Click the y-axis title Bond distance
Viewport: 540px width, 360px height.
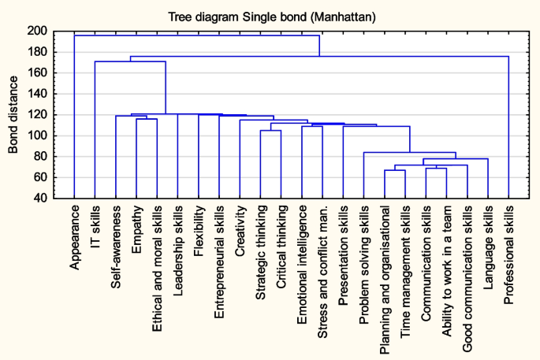point(13,115)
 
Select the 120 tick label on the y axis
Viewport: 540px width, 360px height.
point(37,115)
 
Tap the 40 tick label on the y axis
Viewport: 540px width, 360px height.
point(40,199)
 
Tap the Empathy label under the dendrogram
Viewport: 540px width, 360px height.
point(136,229)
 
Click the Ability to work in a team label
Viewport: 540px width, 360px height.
point(447,260)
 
